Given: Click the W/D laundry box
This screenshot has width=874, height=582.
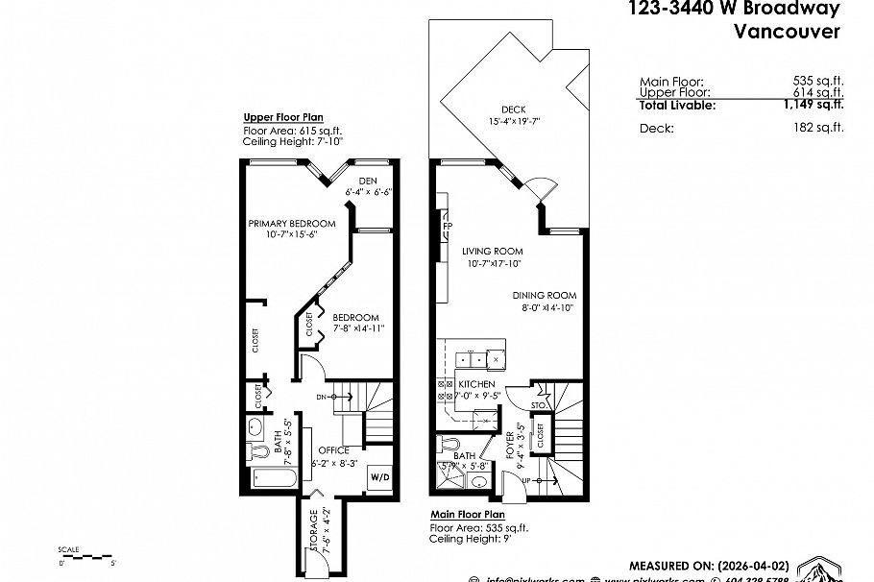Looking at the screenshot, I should click(379, 477).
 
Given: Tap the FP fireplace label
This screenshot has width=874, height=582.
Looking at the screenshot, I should click(448, 227).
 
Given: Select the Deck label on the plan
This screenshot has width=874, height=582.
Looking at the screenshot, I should click(514, 109).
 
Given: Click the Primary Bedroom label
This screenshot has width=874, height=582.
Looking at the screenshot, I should click(292, 224).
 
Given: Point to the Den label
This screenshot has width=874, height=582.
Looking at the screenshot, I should click(368, 181).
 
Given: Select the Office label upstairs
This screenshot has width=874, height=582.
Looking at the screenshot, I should click(333, 450).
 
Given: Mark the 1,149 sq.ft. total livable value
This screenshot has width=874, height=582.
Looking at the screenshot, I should click(813, 106).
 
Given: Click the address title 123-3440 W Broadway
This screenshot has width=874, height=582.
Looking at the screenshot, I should click(735, 10).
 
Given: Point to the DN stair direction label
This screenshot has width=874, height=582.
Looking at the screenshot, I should click(322, 396).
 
